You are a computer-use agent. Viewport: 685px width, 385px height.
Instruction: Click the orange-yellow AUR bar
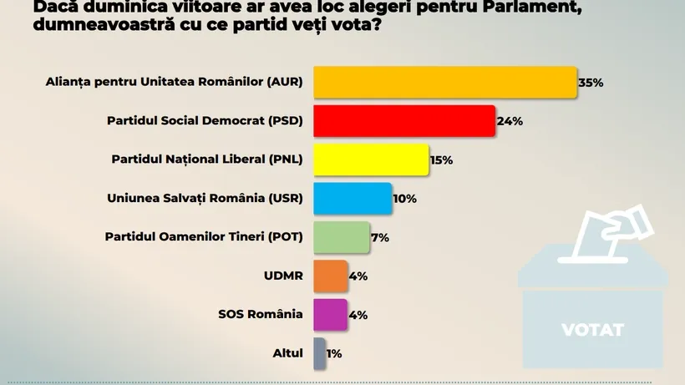(x=444, y=82)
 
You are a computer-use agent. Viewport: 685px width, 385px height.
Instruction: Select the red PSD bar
(x=404, y=120)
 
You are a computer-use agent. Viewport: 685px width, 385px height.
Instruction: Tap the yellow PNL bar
(x=371, y=159)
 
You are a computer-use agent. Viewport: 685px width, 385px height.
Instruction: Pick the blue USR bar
(x=353, y=198)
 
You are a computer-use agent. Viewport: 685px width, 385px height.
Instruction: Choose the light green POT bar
(x=341, y=236)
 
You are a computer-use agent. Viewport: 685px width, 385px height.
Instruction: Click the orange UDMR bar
(x=330, y=275)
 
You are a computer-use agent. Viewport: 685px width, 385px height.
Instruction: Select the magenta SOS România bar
(x=330, y=314)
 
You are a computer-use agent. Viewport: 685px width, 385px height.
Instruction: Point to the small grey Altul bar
(x=319, y=352)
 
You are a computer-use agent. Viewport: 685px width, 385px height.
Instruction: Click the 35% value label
(x=591, y=83)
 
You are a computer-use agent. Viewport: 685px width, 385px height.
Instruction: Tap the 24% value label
(x=510, y=121)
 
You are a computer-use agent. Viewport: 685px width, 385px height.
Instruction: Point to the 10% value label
(x=404, y=199)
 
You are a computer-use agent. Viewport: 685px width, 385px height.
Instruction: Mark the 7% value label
(x=380, y=237)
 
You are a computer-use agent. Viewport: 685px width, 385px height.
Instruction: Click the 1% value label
(x=334, y=353)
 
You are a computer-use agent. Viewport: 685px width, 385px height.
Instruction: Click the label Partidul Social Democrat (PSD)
(x=205, y=121)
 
